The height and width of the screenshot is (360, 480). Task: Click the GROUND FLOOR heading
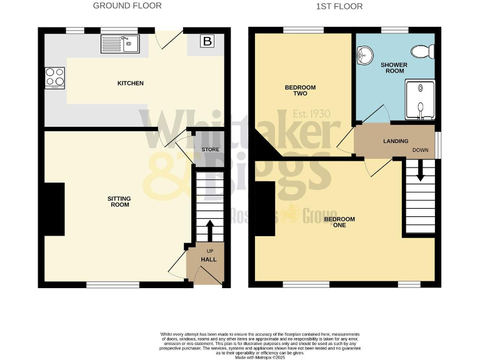127,6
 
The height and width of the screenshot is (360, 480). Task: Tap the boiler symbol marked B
206,42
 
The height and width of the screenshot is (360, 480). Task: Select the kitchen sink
119,44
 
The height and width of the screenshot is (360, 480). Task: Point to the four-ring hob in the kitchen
54,77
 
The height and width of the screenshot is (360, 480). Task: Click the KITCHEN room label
131,83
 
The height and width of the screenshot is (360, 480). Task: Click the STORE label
211,149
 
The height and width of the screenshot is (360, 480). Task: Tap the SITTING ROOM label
119,201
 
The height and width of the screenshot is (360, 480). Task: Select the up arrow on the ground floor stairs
209,229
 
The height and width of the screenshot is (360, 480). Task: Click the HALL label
208,259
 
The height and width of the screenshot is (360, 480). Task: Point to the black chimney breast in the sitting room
54,209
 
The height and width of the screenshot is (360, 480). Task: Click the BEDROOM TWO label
300,91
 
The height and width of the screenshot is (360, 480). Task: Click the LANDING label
396,141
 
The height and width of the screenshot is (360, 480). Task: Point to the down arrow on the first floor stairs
420,169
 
